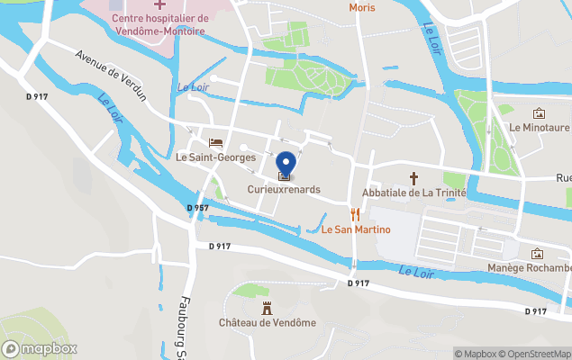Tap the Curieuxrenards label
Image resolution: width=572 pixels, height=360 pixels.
coord(285,190)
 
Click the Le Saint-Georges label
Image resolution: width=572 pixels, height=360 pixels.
coord(216,157)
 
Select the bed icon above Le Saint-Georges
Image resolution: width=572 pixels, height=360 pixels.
coord(215,142)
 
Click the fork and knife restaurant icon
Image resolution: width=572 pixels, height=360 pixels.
coord(355,214)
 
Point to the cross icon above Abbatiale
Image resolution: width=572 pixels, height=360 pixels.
coord(414,178)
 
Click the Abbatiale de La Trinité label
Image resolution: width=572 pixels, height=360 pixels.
coord(413,193)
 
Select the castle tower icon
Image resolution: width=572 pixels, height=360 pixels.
coord(267,307)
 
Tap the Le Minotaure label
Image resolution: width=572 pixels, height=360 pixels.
coord(540,129)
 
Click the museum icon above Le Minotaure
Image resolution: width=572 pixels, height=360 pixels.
coord(540,113)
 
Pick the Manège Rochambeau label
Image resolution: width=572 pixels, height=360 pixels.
coord(530,268)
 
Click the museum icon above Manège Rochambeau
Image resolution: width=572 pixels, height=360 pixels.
coord(538,253)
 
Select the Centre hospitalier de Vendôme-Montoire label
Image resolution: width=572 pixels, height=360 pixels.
coord(159,24)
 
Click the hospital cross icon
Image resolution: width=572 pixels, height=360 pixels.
coord(159,5)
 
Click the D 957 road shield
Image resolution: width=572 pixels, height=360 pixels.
coord(198,208)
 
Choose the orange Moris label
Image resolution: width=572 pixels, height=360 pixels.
coord(361,7)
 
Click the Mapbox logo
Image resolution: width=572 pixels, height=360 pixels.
coord(41,348)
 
